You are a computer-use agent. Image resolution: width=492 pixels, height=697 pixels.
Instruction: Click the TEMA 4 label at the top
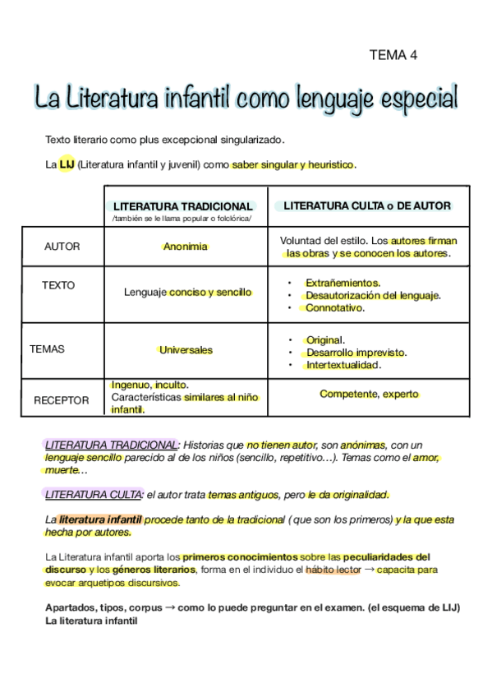coord(393,55)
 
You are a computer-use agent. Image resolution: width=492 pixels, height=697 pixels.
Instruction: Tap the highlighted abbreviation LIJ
coord(67,165)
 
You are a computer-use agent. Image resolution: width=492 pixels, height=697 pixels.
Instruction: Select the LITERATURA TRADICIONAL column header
coord(182,205)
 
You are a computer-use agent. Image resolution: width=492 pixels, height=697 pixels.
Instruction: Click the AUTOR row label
coord(62,247)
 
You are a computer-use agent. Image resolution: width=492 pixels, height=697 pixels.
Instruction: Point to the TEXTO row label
coord(58,285)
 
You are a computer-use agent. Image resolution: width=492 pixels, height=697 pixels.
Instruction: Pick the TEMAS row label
coord(47,348)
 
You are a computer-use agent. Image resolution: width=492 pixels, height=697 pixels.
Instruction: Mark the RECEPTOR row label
coord(61,400)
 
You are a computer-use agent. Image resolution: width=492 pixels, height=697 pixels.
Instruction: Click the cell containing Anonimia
coord(185,247)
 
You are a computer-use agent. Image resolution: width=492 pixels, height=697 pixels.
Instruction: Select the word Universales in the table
coord(186,349)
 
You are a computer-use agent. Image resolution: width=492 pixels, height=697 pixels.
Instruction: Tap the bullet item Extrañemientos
coord(343,282)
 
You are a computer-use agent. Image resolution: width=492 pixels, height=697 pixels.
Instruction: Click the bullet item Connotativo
coord(334,308)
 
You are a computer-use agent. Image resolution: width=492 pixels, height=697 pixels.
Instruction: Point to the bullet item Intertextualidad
coord(343,364)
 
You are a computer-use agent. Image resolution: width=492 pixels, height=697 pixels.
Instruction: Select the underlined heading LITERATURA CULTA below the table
coord(94,495)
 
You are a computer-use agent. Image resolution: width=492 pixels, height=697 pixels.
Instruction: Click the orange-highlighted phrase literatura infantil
coord(100,519)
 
